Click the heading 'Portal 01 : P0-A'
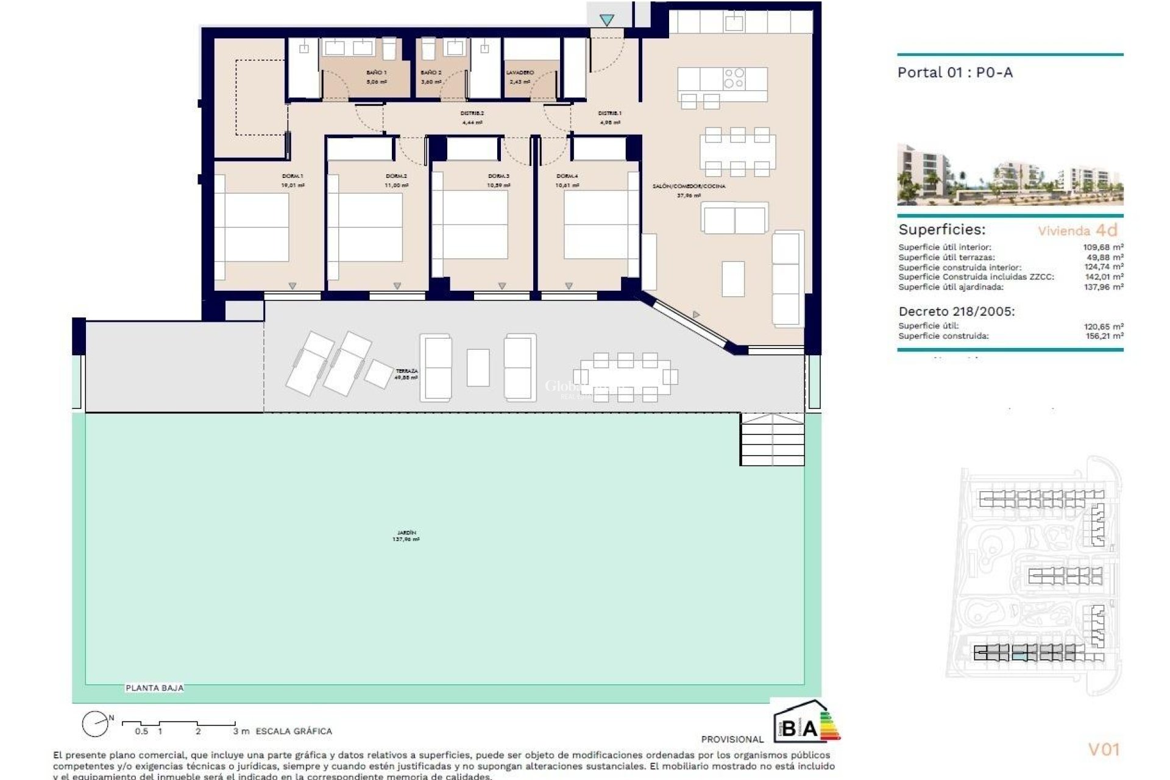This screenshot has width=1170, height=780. click(x=955, y=73)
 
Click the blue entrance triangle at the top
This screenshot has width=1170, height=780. click(x=606, y=20)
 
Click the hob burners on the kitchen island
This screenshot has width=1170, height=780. click(x=734, y=78)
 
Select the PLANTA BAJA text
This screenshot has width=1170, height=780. click(x=154, y=688)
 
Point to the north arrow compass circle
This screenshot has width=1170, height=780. click(x=95, y=724)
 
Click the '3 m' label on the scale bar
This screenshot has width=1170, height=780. click(x=241, y=731)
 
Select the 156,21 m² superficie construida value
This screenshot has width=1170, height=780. click(x=1103, y=336)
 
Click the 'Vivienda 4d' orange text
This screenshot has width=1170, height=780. click(x=1077, y=230)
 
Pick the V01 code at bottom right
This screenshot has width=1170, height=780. click(x=1104, y=750)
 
